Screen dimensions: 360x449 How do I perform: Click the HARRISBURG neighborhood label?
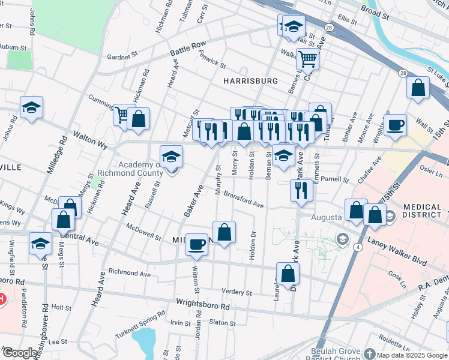(250, 80)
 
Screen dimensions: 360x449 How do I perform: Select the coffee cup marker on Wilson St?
(196, 244)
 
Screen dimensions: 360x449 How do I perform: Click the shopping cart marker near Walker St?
(307, 59)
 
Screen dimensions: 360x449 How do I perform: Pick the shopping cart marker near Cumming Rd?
(122, 114)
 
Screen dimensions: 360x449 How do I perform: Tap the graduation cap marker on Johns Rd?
(31, 108)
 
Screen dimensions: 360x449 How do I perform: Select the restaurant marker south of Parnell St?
(301, 190)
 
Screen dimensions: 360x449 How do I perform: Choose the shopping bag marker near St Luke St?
(418, 88)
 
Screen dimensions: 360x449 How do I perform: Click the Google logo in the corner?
(20, 353)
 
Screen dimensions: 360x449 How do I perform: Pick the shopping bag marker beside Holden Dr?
(224, 232)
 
